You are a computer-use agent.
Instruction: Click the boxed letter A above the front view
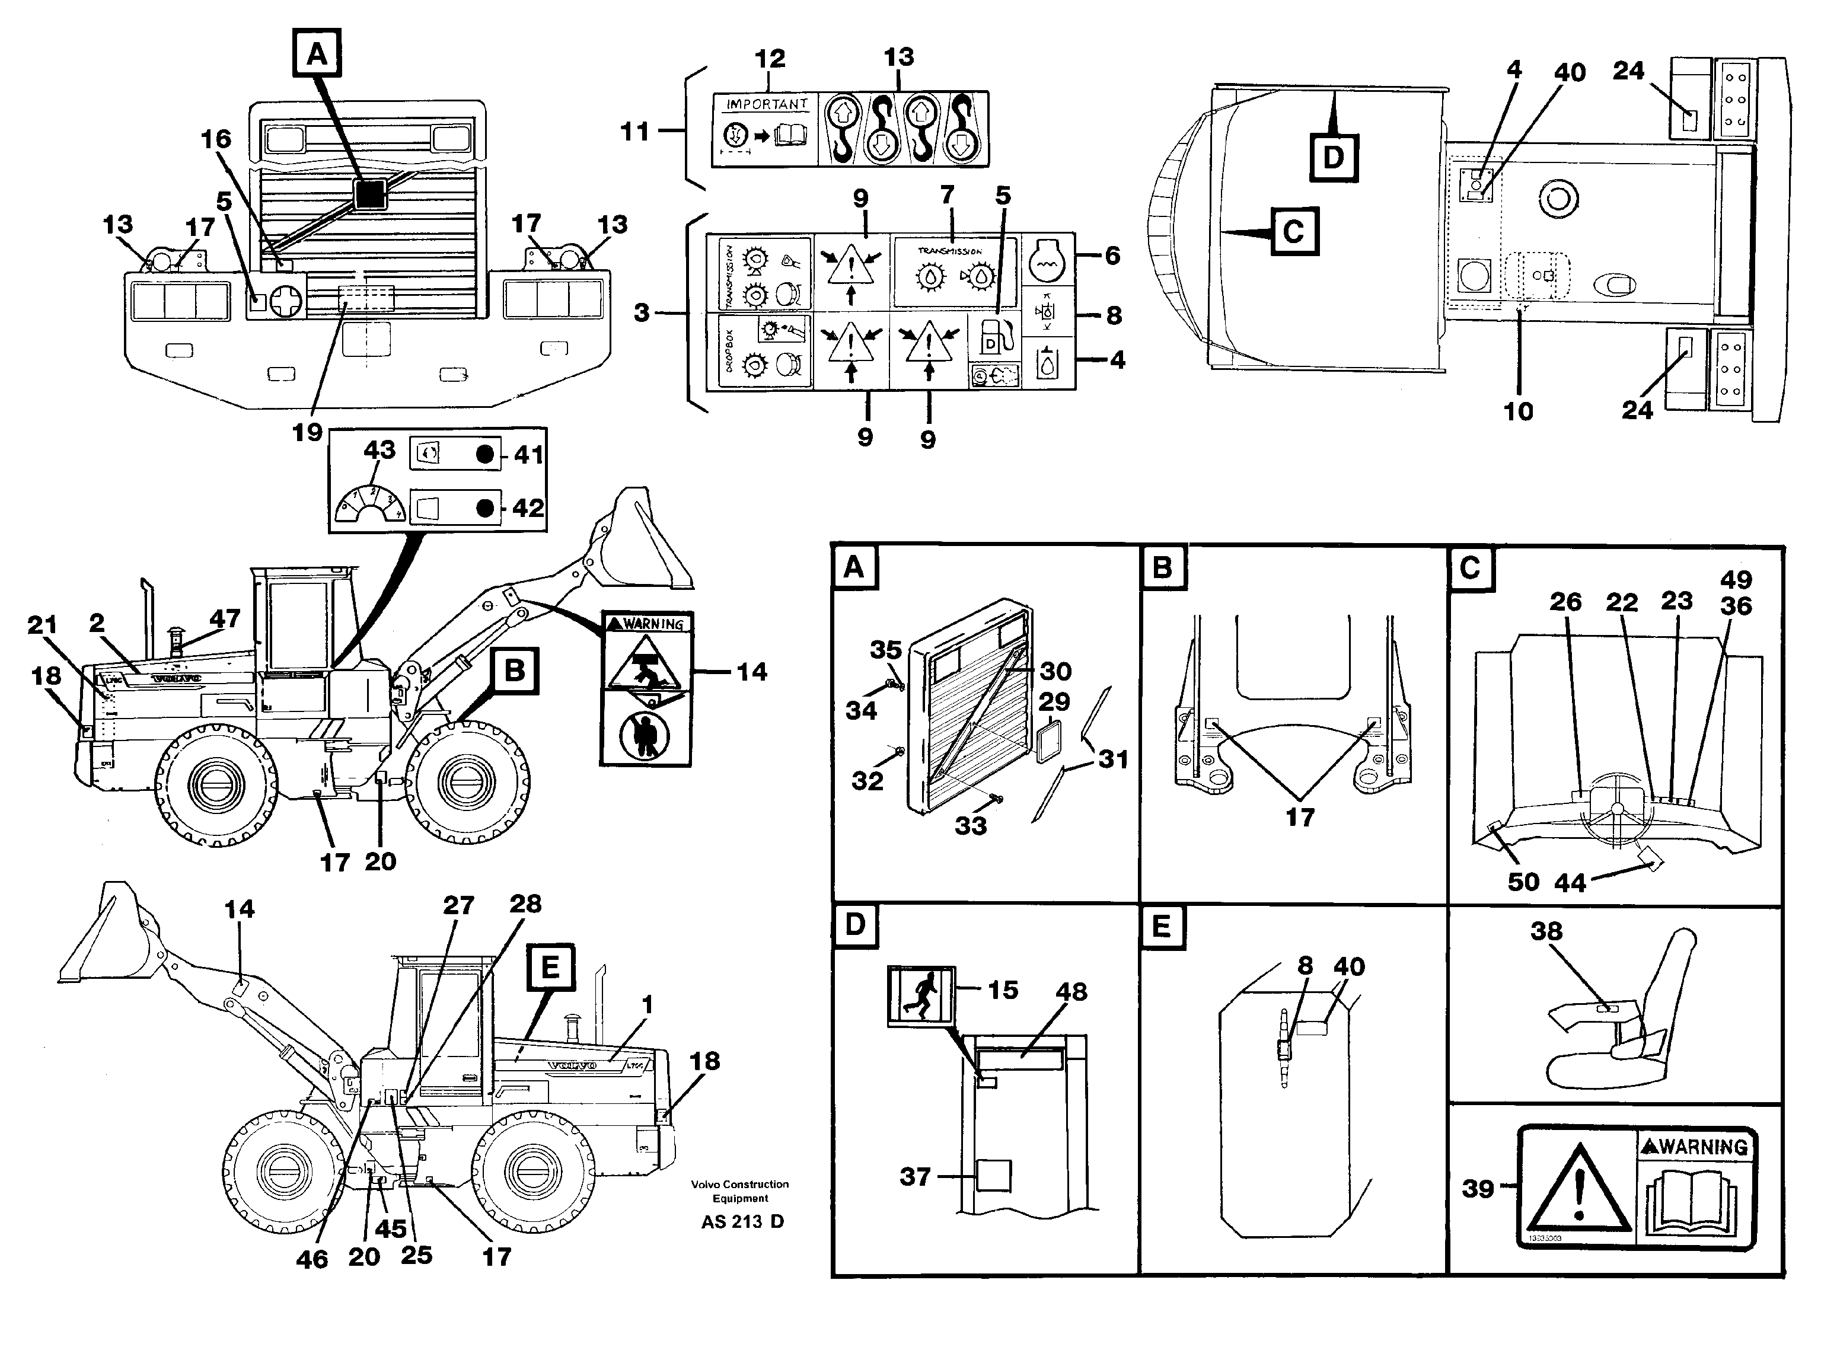[317, 54]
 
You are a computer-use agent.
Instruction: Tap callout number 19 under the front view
[307, 432]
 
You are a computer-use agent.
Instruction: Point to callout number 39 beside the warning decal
[1478, 1189]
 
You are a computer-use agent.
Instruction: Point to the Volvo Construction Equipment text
[739, 1191]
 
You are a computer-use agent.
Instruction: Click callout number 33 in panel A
[971, 826]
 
